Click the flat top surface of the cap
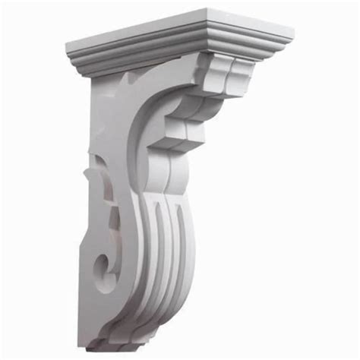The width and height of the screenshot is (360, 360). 182,28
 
